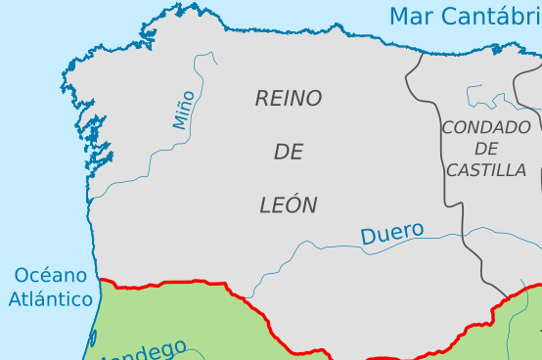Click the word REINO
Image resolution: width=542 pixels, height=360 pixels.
(x=289, y=98)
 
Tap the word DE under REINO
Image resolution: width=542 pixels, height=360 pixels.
(x=289, y=152)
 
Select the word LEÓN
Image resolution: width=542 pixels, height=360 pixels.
(x=289, y=205)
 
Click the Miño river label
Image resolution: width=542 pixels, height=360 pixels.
(x=184, y=109)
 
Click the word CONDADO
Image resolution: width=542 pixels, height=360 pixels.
(x=486, y=127)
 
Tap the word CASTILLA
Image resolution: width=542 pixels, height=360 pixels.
(x=486, y=170)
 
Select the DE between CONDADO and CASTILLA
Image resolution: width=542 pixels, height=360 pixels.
(x=486, y=149)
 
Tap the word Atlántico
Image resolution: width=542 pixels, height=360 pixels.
(x=51, y=299)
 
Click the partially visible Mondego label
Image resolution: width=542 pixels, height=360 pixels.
(x=147, y=351)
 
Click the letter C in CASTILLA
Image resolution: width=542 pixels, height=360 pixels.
(x=452, y=170)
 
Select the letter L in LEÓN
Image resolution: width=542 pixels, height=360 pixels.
(x=265, y=205)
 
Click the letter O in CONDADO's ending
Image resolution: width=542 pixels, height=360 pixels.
(x=525, y=127)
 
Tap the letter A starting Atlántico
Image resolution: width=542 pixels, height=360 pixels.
(x=15, y=299)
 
